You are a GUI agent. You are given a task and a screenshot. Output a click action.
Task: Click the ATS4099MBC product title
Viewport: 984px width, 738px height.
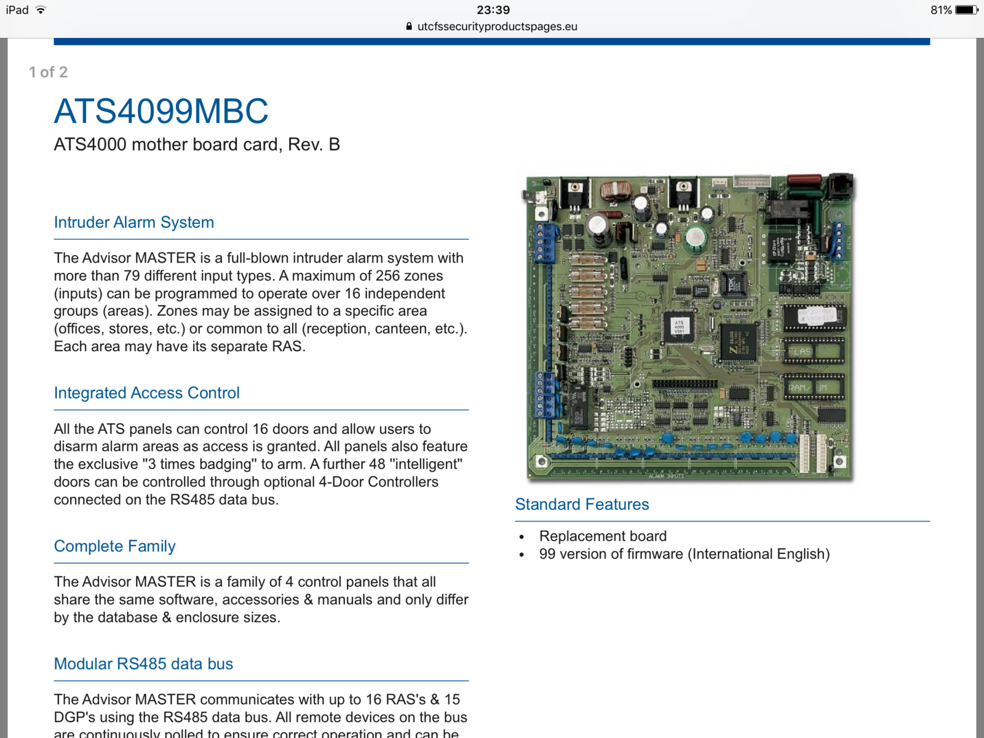tap(161, 111)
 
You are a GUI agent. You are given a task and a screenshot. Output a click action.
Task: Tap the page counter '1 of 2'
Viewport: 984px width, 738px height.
tap(48, 72)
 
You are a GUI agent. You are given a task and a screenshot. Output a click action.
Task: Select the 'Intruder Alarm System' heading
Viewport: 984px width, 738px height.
tap(134, 222)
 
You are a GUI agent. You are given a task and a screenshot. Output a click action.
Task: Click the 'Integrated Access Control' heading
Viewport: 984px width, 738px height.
tap(146, 393)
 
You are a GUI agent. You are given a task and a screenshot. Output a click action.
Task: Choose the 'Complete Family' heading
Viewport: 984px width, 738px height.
tap(114, 546)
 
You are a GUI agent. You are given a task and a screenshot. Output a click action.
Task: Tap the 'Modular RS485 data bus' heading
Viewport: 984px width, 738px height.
tap(143, 664)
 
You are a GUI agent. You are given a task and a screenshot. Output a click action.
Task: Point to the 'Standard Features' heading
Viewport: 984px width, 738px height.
tap(582, 504)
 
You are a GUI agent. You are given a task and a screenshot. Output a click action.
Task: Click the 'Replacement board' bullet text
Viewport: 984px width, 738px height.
tap(603, 536)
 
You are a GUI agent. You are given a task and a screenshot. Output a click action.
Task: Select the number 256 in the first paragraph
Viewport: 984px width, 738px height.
tap(387, 276)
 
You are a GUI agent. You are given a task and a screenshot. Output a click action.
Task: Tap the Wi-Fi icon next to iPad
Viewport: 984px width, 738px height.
tap(41, 10)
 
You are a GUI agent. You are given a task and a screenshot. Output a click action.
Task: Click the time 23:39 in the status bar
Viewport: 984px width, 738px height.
tap(493, 10)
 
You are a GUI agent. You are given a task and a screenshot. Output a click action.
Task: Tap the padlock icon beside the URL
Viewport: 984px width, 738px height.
tap(409, 26)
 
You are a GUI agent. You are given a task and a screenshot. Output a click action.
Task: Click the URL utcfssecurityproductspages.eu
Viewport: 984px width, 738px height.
tap(497, 26)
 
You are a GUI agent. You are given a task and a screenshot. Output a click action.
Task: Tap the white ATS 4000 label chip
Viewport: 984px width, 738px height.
tap(679, 326)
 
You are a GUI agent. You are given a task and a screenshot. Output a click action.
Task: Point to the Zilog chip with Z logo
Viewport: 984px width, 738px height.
tap(738, 342)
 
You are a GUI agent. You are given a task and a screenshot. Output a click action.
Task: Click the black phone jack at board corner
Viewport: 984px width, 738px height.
tap(840, 187)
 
